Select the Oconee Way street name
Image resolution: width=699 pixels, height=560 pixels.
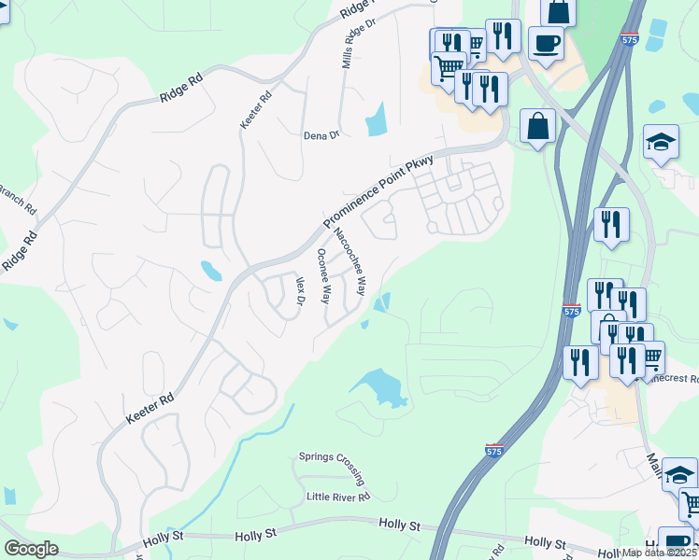tap(323, 276)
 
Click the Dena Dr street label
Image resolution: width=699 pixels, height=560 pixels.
tap(321, 135)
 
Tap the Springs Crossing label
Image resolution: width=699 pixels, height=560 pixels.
tap(329, 457)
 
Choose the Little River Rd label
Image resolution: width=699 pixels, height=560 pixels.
tap(338, 497)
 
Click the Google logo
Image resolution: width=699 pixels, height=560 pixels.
tap(32, 549)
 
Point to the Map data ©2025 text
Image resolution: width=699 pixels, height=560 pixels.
tap(660, 553)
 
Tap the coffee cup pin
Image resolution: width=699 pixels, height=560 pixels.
tap(546, 42)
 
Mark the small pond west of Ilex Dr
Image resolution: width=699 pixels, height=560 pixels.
tap(211, 271)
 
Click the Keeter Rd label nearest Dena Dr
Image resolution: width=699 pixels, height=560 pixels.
tap(255, 109)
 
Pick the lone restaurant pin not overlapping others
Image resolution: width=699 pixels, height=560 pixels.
tap(611, 224)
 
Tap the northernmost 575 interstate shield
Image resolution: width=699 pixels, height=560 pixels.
tap(630, 40)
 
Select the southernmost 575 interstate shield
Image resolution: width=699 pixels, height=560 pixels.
tap(494, 450)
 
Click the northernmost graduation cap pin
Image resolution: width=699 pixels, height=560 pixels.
tap(661, 142)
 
